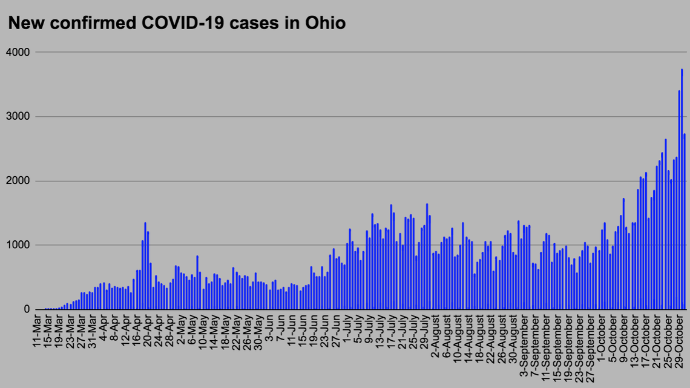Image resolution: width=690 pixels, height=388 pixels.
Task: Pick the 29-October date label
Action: coord(678,336)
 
